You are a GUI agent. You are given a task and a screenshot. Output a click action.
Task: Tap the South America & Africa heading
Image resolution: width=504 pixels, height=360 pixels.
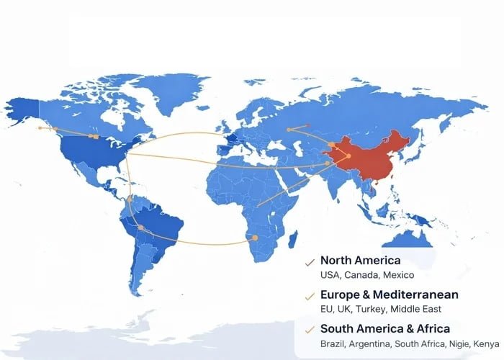click(385, 329)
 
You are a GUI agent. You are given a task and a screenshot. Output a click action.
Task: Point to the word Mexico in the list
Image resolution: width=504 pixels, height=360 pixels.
click(398, 275)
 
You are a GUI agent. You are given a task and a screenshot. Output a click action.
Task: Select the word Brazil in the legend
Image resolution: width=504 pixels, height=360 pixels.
click(333, 344)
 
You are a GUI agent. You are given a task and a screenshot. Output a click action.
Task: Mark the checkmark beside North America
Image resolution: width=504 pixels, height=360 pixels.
click(310, 261)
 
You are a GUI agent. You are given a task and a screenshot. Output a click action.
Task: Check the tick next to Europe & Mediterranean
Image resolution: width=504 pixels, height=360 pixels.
click(310, 296)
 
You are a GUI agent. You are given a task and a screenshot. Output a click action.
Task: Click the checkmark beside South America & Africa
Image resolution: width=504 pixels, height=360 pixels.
click(310, 330)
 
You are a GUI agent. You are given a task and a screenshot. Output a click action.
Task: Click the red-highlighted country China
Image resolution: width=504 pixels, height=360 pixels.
click(371, 158)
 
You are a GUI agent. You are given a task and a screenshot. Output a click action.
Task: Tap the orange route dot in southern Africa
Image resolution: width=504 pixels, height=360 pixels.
click(255, 238)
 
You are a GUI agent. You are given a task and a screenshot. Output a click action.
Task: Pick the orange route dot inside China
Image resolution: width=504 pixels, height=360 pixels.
click(348, 156)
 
